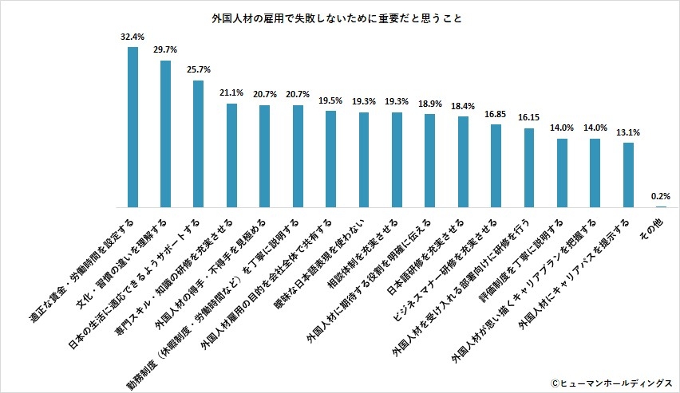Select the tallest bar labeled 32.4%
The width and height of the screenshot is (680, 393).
point(132,127)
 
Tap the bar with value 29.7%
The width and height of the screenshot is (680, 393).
point(166,133)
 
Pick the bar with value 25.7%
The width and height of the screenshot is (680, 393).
point(199,143)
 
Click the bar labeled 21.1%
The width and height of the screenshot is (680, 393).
point(231,155)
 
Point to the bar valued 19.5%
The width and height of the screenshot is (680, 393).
point(330,159)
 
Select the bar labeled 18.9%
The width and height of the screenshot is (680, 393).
point(429,160)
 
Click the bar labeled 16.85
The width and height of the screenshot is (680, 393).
point(496,165)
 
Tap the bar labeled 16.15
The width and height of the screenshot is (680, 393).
point(528,167)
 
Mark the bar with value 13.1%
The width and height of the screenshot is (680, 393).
point(628,175)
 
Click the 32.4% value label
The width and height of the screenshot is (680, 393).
point(132,37)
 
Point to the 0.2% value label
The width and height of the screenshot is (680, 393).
point(661,195)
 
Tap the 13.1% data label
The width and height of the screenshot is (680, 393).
point(628,132)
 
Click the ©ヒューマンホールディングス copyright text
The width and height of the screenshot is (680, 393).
point(611,382)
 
